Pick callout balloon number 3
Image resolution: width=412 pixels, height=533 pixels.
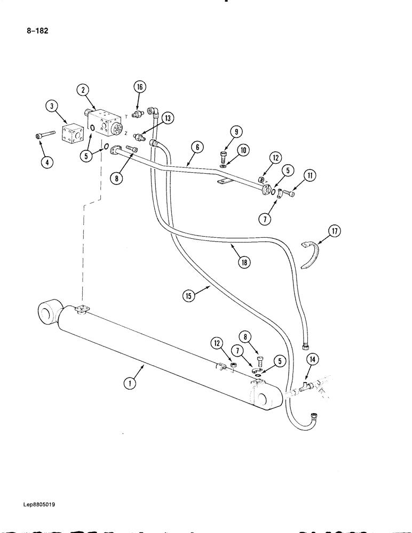pos(51,107)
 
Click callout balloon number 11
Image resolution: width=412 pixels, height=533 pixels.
pos(309,175)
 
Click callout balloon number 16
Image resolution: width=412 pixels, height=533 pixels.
pos(139,87)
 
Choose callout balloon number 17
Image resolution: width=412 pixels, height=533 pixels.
pos(334,231)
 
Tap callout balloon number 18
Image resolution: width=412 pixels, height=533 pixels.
pos(244,262)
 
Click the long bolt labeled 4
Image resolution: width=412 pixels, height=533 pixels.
pos(45,135)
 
